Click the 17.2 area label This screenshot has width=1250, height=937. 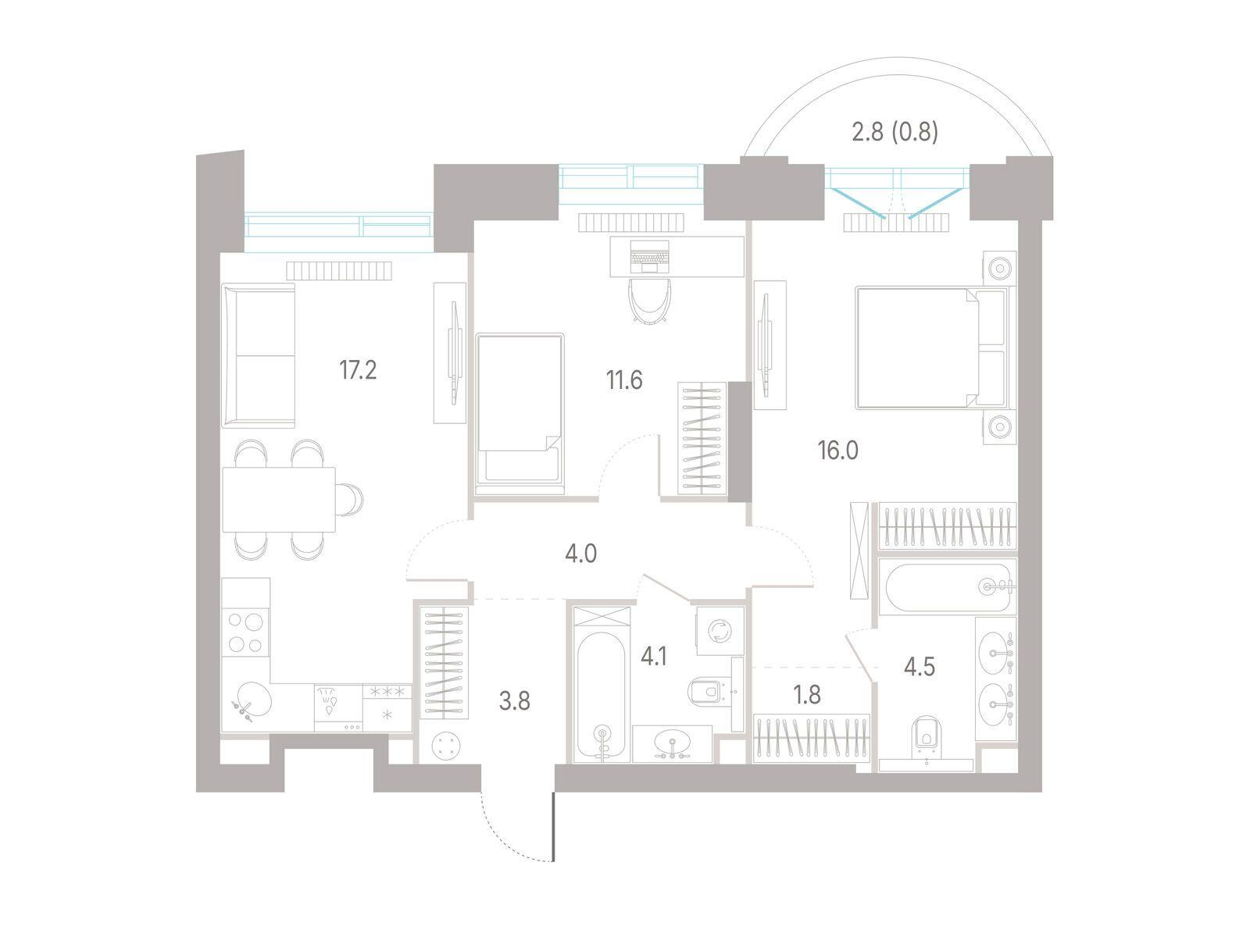(x=358, y=370)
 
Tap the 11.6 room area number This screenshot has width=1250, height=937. (x=624, y=380)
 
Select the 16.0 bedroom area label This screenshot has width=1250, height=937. (x=837, y=451)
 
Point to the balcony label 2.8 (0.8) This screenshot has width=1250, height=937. (x=895, y=133)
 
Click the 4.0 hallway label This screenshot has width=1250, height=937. (x=581, y=554)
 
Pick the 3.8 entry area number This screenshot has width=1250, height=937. (x=514, y=701)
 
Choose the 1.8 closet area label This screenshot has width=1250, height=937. (x=807, y=695)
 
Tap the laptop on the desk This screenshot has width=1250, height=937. (x=649, y=257)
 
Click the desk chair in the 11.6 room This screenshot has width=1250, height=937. (x=649, y=301)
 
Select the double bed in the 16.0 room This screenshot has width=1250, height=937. (x=931, y=348)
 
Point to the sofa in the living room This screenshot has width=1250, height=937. (x=259, y=355)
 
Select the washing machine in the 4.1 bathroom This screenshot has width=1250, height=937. (x=720, y=630)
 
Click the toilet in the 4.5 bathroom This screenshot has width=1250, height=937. (x=926, y=738)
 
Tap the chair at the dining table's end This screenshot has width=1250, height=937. (x=348, y=500)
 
